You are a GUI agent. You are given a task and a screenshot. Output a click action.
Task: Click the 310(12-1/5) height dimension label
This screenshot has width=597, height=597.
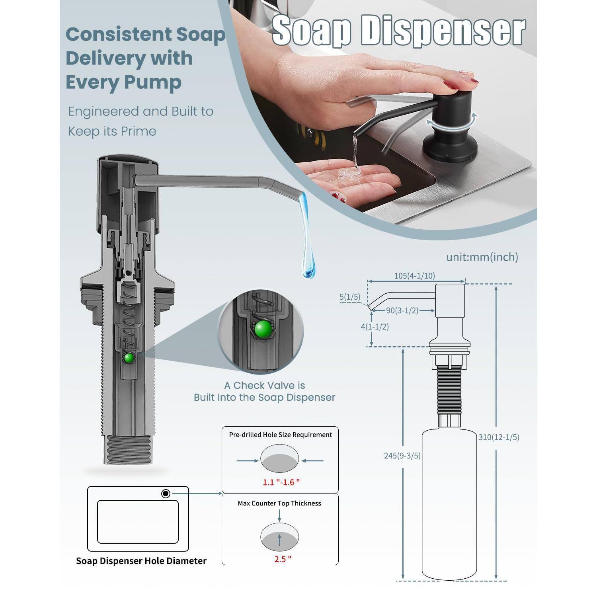click(499, 437)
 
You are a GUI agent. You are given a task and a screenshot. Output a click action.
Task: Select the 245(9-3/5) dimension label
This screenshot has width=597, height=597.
click(402, 456)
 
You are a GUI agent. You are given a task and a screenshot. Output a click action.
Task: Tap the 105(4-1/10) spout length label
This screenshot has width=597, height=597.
click(414, 276)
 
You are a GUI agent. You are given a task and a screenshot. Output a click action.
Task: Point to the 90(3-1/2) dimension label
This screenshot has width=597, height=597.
click(402, 310)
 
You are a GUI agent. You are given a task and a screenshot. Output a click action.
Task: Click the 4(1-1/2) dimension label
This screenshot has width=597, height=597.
click(375, 327)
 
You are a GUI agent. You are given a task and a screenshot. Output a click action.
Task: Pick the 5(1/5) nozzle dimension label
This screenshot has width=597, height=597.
click(349, 297)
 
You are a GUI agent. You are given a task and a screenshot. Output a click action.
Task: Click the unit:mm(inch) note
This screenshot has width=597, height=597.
click(482, 257)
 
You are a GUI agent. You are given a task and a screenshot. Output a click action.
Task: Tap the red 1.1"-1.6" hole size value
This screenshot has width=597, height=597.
click(281, 482)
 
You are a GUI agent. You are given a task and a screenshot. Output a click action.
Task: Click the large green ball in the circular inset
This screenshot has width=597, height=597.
click(263, 330)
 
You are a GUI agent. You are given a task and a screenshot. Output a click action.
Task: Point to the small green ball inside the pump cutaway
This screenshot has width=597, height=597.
click(129, 358)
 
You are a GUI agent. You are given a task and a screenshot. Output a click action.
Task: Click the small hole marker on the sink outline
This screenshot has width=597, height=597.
click(166, 494)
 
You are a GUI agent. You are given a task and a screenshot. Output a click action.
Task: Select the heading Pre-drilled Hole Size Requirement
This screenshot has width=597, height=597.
click(280, 435)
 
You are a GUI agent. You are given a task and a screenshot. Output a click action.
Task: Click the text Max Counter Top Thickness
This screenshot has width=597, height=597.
click(279, 503)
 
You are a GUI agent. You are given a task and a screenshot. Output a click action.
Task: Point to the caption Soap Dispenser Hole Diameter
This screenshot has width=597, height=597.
click(141, 561)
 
